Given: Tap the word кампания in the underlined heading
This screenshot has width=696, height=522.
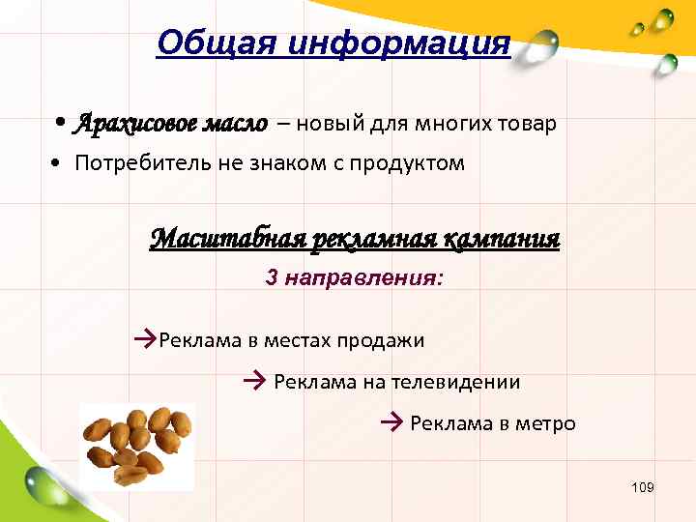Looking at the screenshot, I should click(x=502, y=238).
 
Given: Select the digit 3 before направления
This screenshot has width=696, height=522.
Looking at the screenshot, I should click(x=272, y=277).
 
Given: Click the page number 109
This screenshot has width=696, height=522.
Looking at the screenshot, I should click(x=642, y=487).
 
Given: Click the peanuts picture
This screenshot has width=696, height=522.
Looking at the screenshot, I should click(x=136, y=445).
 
